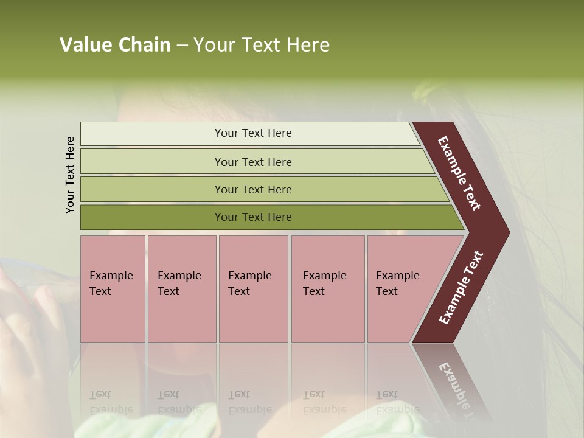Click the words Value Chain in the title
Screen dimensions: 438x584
pyautogui.click(x=115, y=45)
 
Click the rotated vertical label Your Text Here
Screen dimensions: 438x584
pyautogui.click(x=71, y=175)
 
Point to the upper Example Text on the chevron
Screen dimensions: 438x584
pyautogui.click(x=460, y=173)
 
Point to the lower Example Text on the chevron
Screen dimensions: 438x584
pyautogui.click(x=461, y=288)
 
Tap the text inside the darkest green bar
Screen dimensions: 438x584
pyautogui.click(x=253, y=217)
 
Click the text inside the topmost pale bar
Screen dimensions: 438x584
pyautogui.click(x=253, y=133)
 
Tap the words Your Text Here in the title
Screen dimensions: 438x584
pyautogui.click(x=262, y=45)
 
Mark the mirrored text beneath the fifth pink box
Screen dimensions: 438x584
pyautogui.click(x=397, y=401)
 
